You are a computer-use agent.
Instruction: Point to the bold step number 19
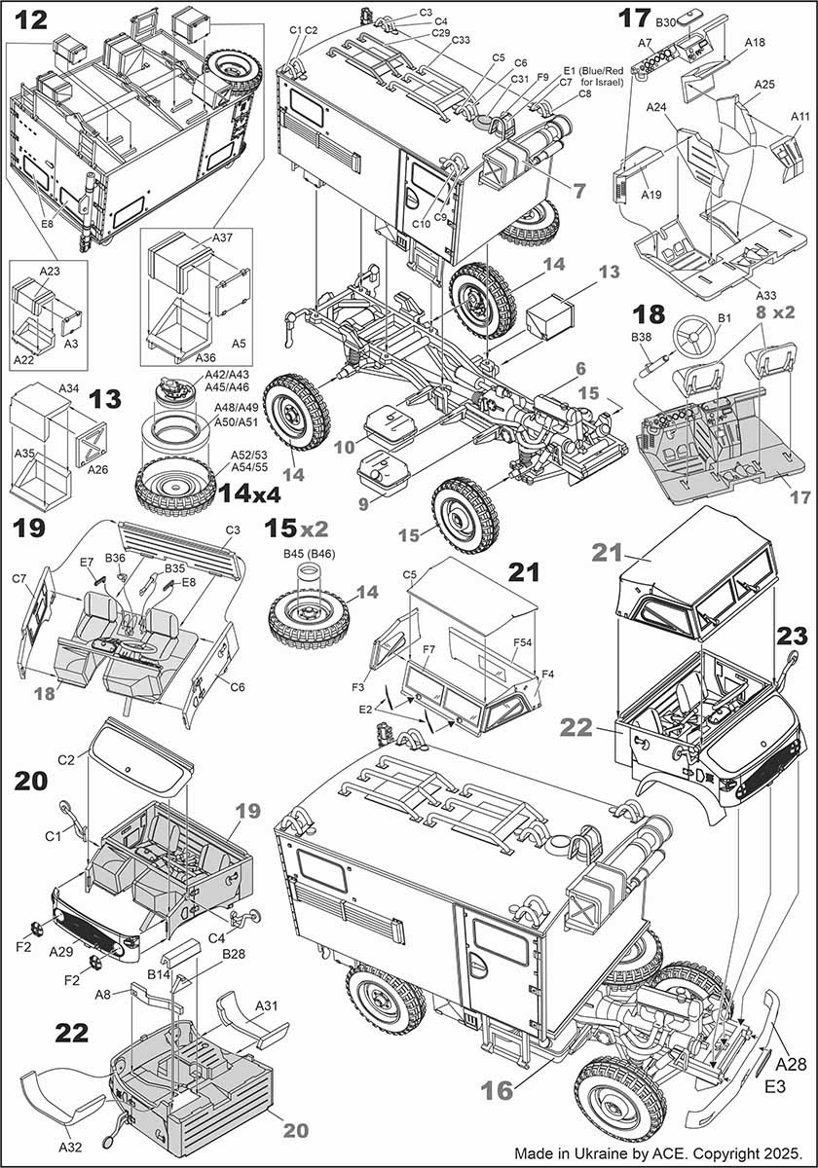point(30,529)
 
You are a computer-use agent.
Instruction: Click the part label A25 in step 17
point(763,86)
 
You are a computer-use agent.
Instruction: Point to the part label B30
point(666,21)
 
